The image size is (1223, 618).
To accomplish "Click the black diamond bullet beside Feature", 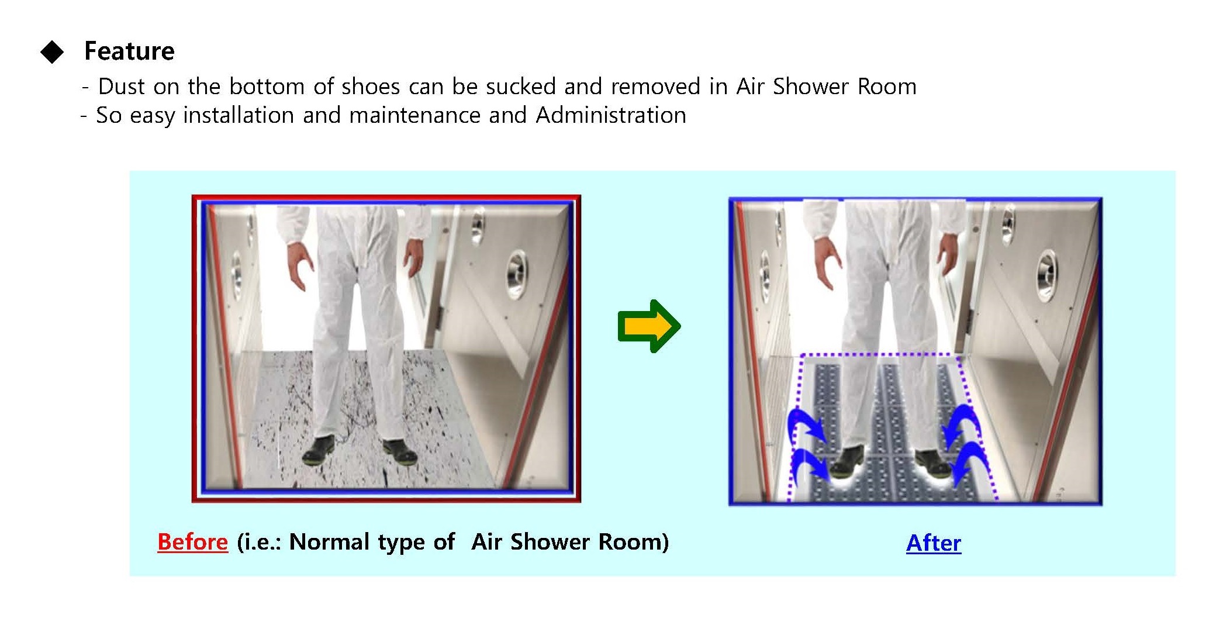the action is click(52, 51).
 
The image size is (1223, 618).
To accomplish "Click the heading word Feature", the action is click(129, 51).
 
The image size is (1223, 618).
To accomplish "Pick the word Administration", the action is click(611, 115).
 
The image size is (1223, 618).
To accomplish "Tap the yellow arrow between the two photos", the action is click(649, 326).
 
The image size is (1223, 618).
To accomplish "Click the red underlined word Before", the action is click(192, 542).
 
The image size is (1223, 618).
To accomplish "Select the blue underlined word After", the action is click(934, 543).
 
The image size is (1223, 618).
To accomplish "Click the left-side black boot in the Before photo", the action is click(319, 450).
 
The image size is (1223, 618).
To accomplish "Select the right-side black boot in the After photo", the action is click(937, 464).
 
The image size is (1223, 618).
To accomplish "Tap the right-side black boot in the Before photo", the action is click(399, 452).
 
